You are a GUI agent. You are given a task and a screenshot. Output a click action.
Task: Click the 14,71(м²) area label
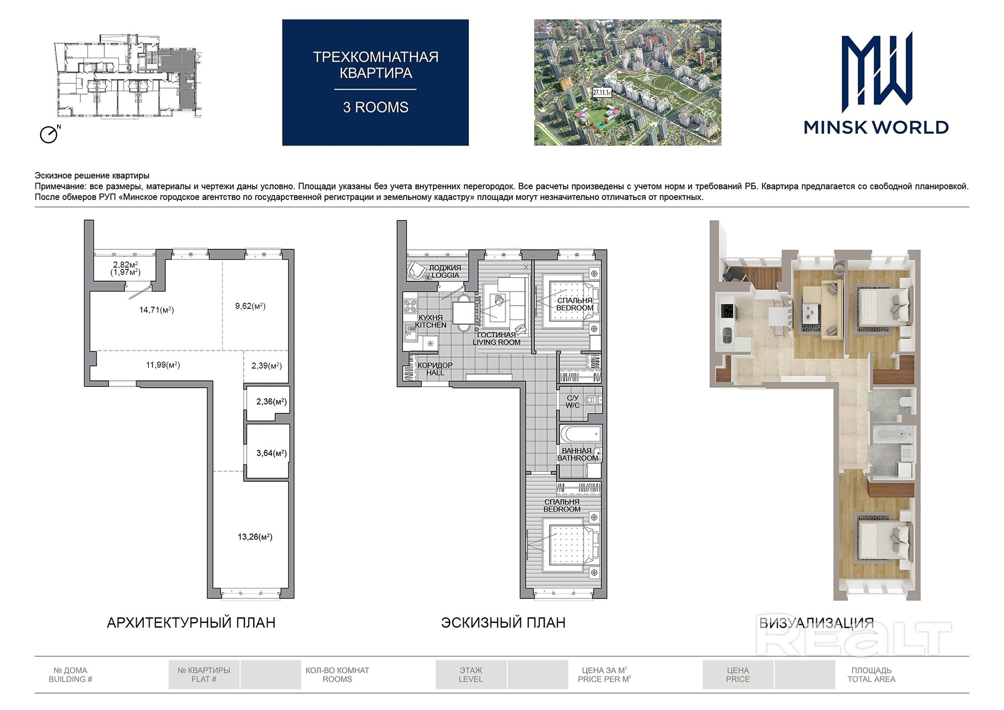click(x=157, y=310)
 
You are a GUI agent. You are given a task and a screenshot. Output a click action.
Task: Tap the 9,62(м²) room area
click(x=250, y=306)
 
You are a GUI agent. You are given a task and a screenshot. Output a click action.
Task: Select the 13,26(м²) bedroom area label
click(x=255, y=537)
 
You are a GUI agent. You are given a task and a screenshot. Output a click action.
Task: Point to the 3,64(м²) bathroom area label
click(x=271, y=453)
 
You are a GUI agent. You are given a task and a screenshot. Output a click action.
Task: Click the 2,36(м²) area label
click(x=271, y=402)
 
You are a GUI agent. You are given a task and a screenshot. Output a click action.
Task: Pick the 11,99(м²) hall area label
click(x=163, y=365)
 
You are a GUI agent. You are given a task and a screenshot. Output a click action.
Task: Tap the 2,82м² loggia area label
click(x=125, y=265)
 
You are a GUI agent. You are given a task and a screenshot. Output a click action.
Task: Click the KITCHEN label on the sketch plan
click(x=431, y=325)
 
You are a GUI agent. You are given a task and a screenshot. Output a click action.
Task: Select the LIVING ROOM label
click(x=496, y=342)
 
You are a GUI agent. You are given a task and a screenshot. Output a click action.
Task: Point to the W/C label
click(x=572, y=405)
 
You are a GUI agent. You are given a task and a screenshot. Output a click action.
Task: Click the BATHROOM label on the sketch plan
click(x=578, y=458)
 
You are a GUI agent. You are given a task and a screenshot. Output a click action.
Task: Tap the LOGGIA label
click(x=446, y=275)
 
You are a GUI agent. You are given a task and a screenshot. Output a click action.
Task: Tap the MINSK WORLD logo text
click(x=876, y=127)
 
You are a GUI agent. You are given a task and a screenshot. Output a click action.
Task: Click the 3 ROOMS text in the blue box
click(x=376, y=107)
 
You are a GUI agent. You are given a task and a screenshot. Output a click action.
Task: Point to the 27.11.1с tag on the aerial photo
click(x=602, y=93)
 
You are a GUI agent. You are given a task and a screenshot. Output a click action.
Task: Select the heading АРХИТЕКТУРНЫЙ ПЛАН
click(x=191, y=622)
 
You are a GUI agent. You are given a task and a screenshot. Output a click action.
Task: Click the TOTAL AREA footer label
click(x=871, y=680)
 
